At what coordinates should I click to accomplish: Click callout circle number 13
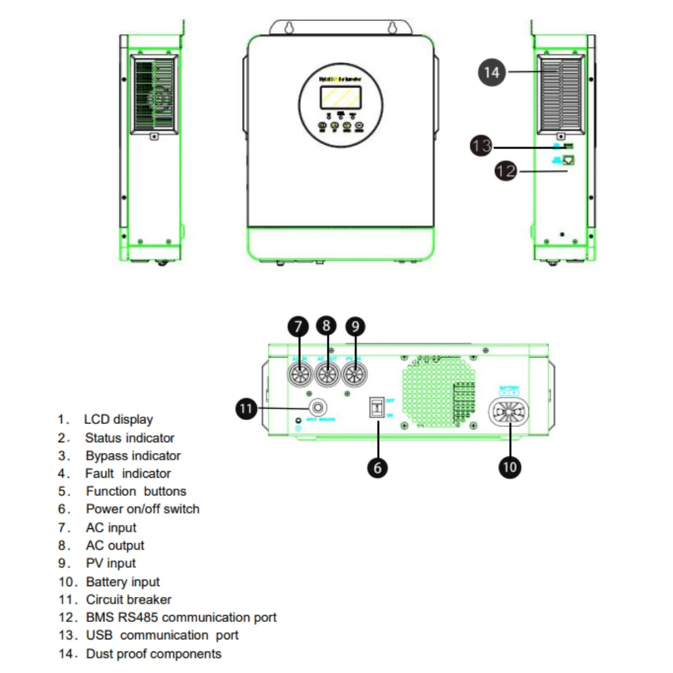[482, 146]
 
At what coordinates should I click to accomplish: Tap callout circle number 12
[506, 172]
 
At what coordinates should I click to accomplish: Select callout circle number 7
[298, 327]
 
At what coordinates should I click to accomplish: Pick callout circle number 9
[355, 327]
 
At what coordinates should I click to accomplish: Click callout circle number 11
[248, 408]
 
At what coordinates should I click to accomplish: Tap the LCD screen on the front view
[341, 96]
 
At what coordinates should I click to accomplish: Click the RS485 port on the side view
[569, 160]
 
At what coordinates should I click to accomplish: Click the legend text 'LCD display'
[118, 419]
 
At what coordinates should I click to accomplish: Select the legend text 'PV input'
[111, 563]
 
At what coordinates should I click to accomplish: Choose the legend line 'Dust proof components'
[153, 653]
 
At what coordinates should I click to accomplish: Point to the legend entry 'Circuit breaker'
[129, 599]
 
